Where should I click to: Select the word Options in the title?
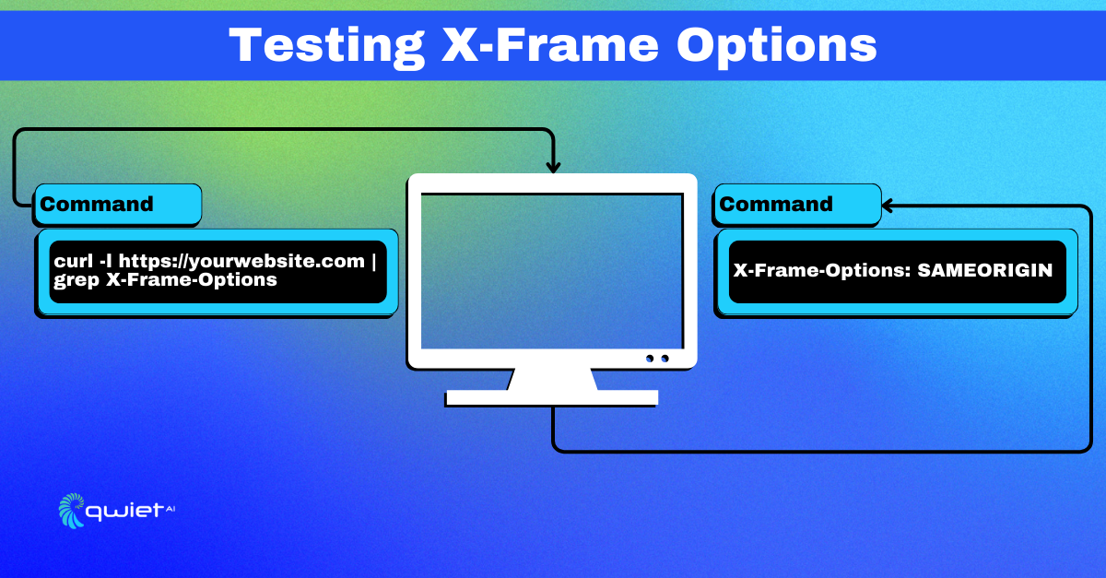point(777,47)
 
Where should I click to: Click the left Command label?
point(97,204)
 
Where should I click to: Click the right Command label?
point(776,204)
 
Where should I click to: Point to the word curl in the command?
point(74,261)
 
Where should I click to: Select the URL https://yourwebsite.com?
point(241,262)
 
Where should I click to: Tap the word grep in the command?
point(76,281)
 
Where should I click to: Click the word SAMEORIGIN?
point(985,270)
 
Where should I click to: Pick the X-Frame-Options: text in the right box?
point(822,271)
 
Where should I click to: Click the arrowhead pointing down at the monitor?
point(554,167)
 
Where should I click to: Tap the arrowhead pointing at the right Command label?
point(887,206)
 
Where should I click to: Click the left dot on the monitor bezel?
point(650,359)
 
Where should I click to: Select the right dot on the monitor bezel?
point(665,359)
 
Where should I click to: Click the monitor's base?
point(552,397)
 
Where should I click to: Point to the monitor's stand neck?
point(552,379)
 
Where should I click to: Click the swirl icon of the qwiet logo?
point(72,511)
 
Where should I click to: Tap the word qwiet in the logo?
point(124,512)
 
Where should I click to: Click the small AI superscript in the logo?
point(171,509)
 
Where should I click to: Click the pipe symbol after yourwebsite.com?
point(374,261)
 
